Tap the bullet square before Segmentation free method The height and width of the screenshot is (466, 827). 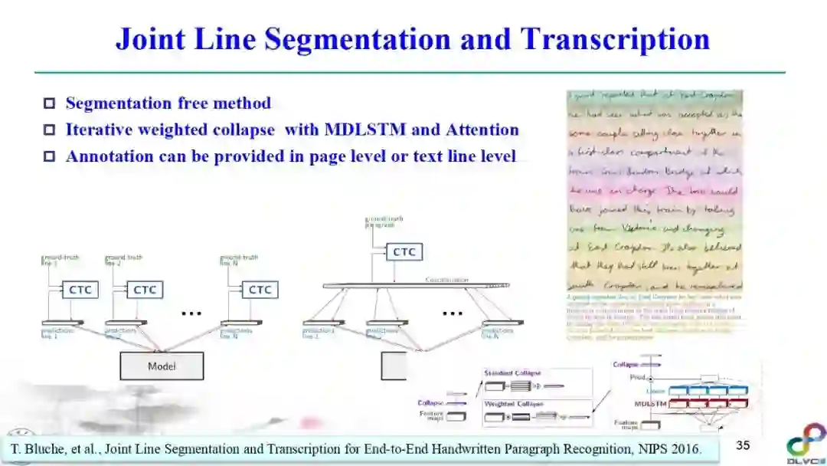point(50,103)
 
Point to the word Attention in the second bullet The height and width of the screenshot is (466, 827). point(479,130)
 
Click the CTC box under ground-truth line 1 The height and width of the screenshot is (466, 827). point(80,290)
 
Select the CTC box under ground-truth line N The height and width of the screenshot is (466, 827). point(260,290)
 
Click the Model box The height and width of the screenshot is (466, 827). point(162,366)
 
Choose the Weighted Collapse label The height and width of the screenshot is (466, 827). point(513,403)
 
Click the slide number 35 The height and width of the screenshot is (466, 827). point(743,445)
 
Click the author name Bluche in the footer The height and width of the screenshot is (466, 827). point(47,449)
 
